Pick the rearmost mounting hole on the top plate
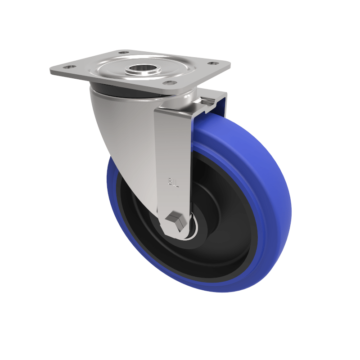123,53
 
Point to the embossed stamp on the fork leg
173,182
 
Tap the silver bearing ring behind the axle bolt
193,230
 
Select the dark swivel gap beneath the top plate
117,89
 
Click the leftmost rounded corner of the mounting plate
52,70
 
